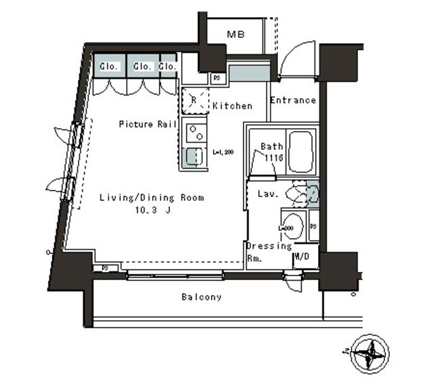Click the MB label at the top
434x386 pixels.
pyautogui.click(x=236, y=35)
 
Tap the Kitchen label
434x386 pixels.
pyautogui.click(x=232, y=106)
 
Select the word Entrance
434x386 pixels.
pyautogui.click(x=293, y=100)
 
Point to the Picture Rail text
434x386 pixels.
pyautogui.click(x=148, y=124)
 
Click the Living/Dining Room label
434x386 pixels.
pyautogui.click(x=152, y=198)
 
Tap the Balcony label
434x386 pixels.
pyautogui.click(x=201, y=297)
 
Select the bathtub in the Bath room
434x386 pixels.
pyautogui.click(x=300, y=153)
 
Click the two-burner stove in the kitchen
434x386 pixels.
pyautogui.click(x=195, y=130)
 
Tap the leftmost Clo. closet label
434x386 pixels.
pyautogui.click(x=109, y=66)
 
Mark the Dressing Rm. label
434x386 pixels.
pyautogui.click(x=269, y=252)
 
